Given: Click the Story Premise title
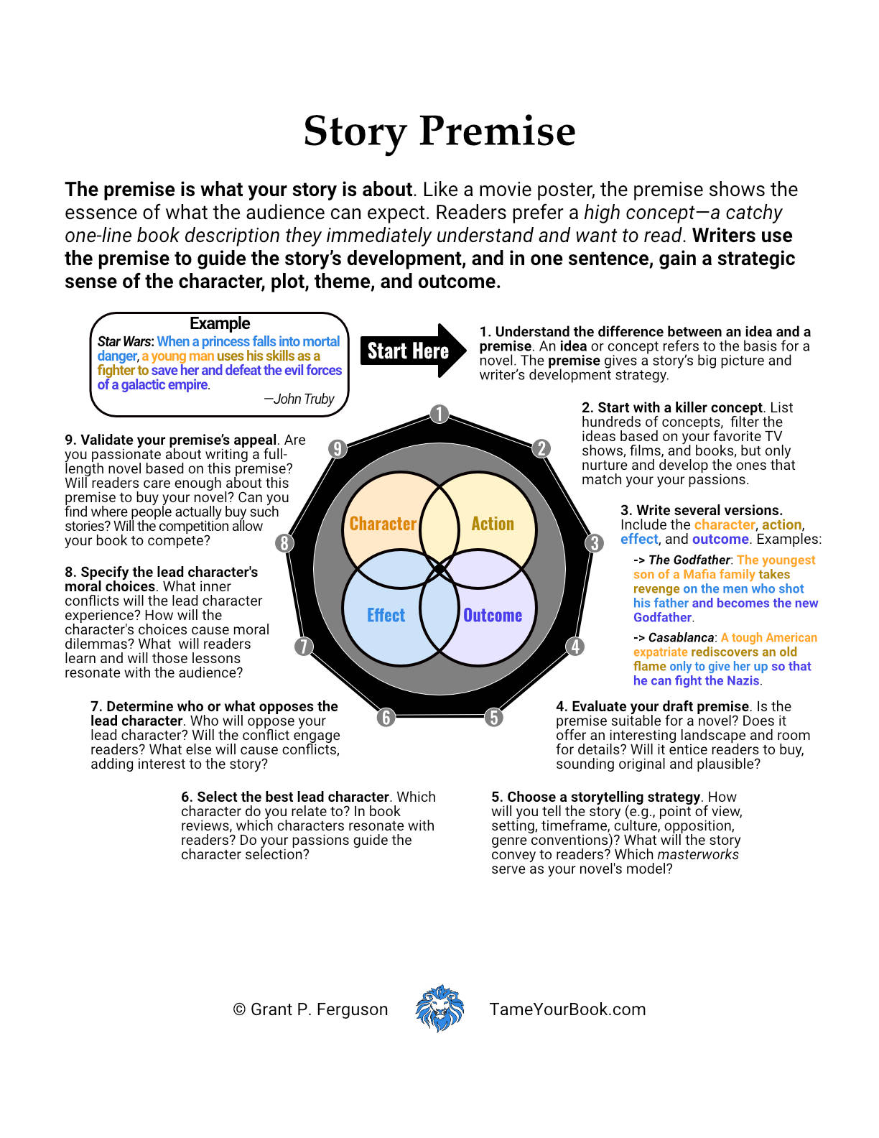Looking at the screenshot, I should click(x=439, y=131).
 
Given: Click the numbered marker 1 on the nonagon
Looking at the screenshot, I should click(x=439, y=415).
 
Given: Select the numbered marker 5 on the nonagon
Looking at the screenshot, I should click(x=493, y=717).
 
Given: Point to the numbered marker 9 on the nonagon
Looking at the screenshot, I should click(x=338, y=449).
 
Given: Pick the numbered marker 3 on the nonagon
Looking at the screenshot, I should click(x=594, y=543).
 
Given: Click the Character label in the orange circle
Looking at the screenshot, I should click(x=383, y=524).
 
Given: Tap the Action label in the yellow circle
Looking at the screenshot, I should click(x=493, y=524).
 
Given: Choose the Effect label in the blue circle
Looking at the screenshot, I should click(x=386, y=615).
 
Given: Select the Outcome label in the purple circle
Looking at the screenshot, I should click(x=493, y=615).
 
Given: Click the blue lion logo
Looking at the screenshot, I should click(x=439, y=1009).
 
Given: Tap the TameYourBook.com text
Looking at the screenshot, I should click(x=567, y=1009).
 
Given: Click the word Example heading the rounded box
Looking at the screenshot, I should click(x=220, y=323).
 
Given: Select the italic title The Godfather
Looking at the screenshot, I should click(x=689, y=560).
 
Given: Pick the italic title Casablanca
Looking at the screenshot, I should click(x=681, y=637).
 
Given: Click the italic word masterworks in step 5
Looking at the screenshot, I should click(x=698, y=854).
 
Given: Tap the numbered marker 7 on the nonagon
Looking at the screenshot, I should click(x=304, y=647).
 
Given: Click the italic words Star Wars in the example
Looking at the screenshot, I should click(x=124, y=341).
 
